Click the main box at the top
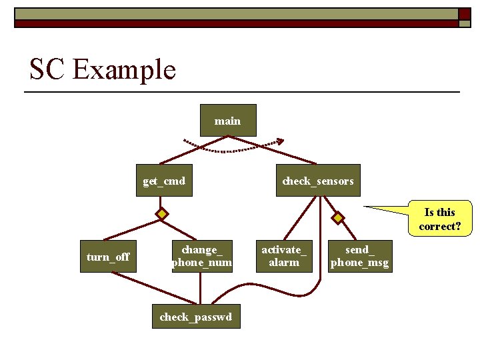228,121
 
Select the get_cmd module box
164,181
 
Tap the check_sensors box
318,181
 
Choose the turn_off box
108,257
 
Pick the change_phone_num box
202,256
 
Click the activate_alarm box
284,256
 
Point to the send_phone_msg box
359,256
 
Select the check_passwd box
196,317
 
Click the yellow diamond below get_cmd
162,214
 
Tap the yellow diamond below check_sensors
339,218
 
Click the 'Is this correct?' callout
439,219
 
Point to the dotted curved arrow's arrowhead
280,141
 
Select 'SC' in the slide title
47,69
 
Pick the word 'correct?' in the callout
439,227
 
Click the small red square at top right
465,13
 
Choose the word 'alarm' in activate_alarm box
284,263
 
